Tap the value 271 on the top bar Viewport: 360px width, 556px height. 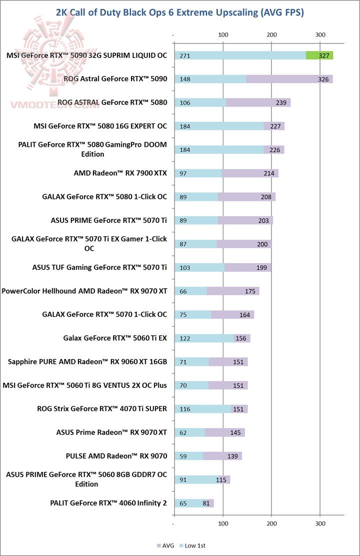pos(185,55)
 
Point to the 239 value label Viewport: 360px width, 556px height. pos(281,102)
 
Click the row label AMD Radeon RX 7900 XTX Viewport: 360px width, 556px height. pos(120,173)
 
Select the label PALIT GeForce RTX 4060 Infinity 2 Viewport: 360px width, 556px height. pos(108,503)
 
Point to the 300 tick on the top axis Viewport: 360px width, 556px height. pos(320,35)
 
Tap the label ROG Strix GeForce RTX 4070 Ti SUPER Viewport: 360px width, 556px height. pos(102,409)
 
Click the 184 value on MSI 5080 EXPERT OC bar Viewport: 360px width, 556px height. pos(185,126)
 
